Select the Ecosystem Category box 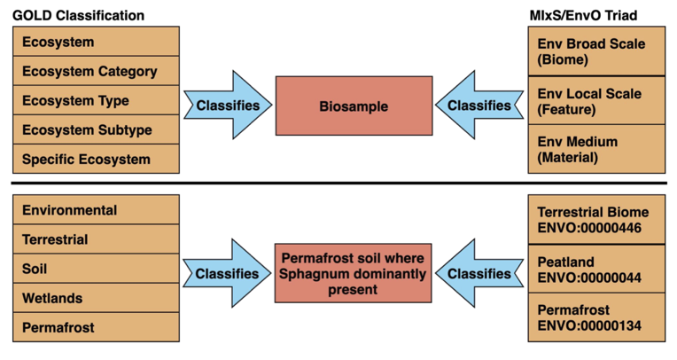(x=97, y=71)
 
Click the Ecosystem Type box (x=97, y=101)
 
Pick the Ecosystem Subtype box (x=97, y=130)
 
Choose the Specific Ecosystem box (x=97, y=160)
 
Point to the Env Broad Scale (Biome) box (x=596, y=51)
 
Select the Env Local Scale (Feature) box (x=596, y=100)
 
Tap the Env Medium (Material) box (x=596, y=149)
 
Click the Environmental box (x=97, y=210)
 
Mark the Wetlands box (x=97, y=299)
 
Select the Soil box (x=97, y=269)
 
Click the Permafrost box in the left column (x=97, y=328)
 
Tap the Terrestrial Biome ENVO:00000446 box (x=596, y=220)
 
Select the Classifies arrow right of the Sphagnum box (x=479, y=274)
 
